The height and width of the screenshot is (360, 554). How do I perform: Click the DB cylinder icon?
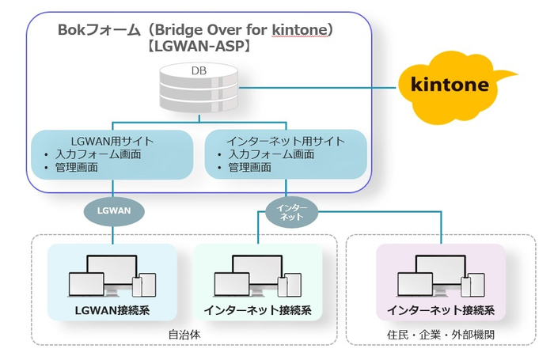(199, 88)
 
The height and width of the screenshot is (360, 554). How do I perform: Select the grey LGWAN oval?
(114, 211)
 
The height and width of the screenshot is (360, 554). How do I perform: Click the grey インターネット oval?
(291, 212)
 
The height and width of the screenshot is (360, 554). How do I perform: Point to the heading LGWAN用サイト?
(112, 142)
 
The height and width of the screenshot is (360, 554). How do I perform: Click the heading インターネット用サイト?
(286, 142)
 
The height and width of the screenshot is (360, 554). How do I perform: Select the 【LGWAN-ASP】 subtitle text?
(199, 46)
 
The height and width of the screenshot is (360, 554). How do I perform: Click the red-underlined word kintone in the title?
(300, 30)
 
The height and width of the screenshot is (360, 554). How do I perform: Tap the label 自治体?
(184, 334)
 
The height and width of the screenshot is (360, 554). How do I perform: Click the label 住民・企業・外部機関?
(441, 334)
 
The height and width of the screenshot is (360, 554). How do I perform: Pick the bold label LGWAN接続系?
(112, 310)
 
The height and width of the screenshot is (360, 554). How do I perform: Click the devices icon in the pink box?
(441, 276)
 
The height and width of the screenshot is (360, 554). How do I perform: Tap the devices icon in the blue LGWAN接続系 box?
(112, 276)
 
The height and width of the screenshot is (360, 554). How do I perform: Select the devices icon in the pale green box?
(257, 276)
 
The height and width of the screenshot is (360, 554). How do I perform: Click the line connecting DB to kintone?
(317, 88)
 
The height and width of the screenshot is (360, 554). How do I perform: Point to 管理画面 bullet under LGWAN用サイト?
(76, 167)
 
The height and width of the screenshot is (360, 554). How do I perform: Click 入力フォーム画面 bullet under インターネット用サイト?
(271, 154)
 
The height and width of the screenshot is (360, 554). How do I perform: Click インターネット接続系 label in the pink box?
(441, 310)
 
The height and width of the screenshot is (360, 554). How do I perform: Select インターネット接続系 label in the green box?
(257, 310)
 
